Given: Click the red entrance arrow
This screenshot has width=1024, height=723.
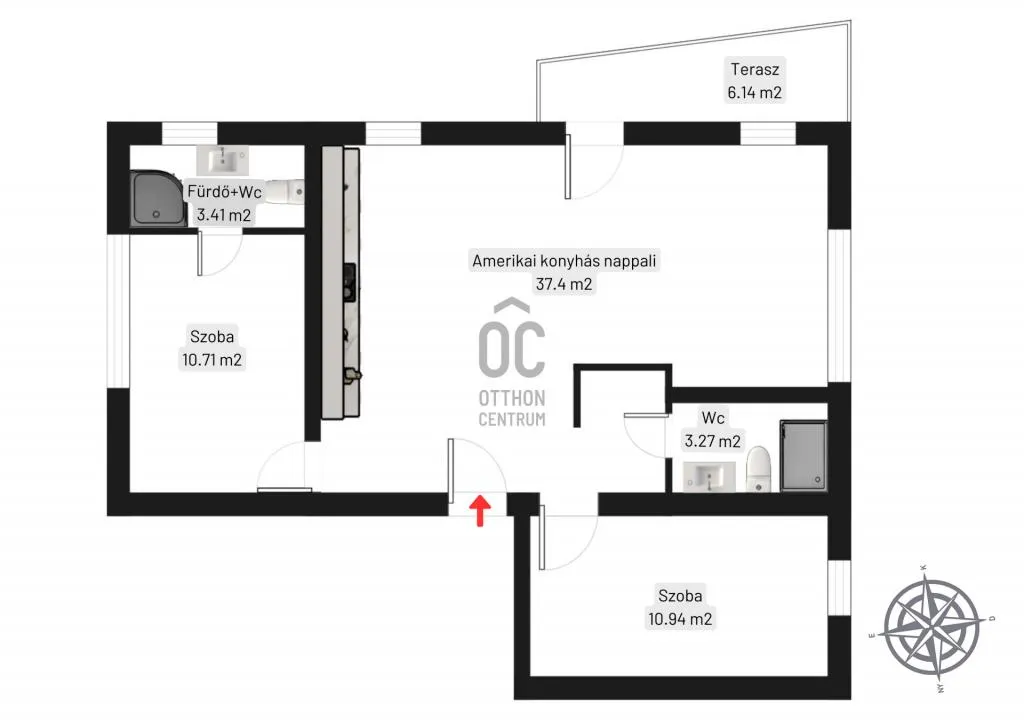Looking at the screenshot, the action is click(x=480, y=510).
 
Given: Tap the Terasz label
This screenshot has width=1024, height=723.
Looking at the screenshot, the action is click(x=754, y=69).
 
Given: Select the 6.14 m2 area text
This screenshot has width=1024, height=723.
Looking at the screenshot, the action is click(x=754, y=93).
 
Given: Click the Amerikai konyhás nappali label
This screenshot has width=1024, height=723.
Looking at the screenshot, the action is click(x=564, y=261).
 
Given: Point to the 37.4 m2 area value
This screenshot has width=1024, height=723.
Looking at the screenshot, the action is click(x=564, y=284).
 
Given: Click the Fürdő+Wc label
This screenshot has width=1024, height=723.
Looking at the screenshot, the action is click(x=224, y=191).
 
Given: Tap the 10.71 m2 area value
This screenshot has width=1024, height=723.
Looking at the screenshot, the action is click(x=212, y=360).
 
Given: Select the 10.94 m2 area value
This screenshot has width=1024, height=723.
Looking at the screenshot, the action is click(x=680, y=619).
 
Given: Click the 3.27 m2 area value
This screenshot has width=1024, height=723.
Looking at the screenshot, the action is click(x=712, y=442).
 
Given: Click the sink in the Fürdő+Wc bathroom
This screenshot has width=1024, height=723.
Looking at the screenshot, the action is click(x=223, y=159).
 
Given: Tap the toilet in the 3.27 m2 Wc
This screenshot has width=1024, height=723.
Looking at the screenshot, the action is click(x=759, y=469).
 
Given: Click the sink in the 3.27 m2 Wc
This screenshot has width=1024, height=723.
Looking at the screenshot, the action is click(x=709, y=476).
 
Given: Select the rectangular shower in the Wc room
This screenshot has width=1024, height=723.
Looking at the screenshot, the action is click(x=803, y=455).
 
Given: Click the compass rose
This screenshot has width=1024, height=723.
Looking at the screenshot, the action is click(x=932, y=626).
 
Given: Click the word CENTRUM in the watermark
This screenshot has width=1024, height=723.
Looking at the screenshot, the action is click(x=512, y=419).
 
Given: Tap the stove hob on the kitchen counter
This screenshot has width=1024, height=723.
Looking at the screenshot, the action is click(x=349, y=282).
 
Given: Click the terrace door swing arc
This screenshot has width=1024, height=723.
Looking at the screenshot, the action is click(x=603, y=180).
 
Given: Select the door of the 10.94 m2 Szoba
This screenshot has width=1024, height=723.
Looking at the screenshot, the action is click(x=542, y=540).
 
